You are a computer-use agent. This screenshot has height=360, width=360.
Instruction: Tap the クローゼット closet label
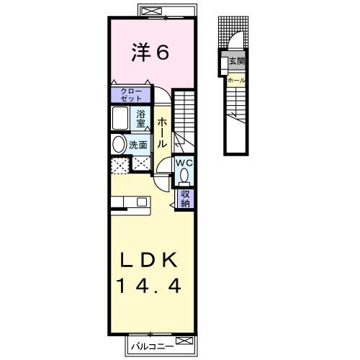pos(130,94)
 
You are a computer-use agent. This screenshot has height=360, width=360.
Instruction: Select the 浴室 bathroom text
pos(142,117)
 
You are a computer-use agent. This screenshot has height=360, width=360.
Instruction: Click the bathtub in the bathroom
pos(120,117)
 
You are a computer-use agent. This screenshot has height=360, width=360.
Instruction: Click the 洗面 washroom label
pos(138,145)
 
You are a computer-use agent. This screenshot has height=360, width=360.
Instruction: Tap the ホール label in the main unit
pos(163,133)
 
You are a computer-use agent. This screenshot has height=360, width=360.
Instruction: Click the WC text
pos(184,163)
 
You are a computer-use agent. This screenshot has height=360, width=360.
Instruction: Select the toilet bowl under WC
pos(184,176)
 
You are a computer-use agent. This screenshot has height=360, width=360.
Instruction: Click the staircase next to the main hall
pos(186,119)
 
